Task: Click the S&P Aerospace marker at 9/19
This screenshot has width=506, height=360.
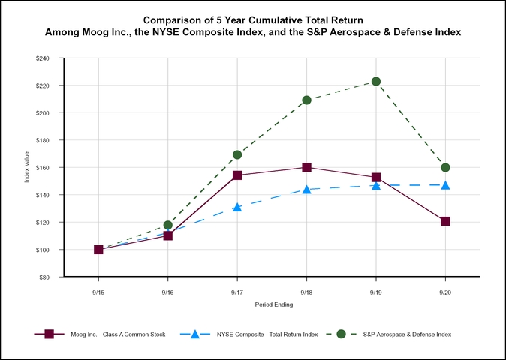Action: click(x=376, y=81)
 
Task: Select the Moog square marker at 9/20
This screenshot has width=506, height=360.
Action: click(x=445, y=221)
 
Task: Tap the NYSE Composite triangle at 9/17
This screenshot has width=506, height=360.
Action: click(x=237, y=207)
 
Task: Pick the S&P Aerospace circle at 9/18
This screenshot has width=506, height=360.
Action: click(x=306, y=100)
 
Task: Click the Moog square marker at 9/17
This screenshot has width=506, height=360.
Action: click(x=237, y=175)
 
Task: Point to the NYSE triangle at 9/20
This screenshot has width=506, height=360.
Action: click(x=445, y=185)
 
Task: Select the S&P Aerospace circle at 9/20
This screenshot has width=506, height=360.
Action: click(x=445, y=167)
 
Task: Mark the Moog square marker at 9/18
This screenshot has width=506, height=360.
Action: click(x=306, y=167)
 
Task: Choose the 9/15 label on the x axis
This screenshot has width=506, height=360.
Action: click(x=98, y=291)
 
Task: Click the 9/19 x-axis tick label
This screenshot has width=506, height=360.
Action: click(x=376, y=291)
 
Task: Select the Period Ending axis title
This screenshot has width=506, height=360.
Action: click(x=272, y=304)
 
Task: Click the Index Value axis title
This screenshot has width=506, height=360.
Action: click(x=28, y=167)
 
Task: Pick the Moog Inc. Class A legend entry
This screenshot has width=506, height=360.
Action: click(x=111, y=334)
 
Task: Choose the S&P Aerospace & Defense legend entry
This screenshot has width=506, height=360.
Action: click(x=408, y=334)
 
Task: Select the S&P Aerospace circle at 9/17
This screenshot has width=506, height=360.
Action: click(x=237, y=154)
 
